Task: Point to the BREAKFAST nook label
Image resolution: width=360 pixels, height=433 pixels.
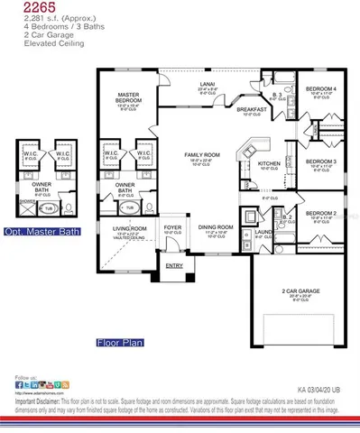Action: click(x=252, y=109)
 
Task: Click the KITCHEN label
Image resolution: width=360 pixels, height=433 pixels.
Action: click(x=269, y=163)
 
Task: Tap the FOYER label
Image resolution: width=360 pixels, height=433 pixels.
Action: click(x=173, y=226)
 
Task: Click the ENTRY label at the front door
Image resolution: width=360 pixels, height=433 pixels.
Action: click(x=173, y=265)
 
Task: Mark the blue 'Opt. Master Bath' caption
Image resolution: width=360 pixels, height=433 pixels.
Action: click(x=42, y=231)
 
